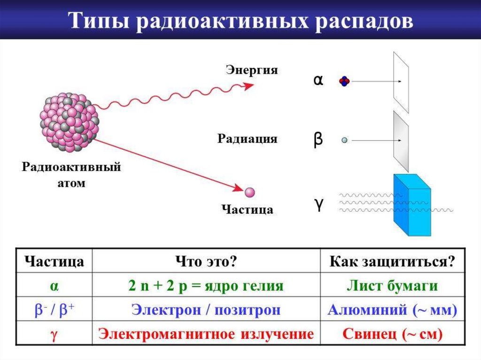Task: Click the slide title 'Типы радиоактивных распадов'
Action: [x=240, y=21]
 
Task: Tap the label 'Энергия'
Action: [x=252, y=70]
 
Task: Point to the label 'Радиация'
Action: [x=247, y=138]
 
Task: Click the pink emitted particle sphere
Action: [x=250, y=192]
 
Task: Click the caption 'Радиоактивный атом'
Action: [x=71, y=175]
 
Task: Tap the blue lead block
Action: [x=412, y=205]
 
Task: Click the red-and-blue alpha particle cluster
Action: [x=344, y=81]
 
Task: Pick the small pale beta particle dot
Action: [x=344, y=140]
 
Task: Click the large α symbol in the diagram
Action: [x=318, y=80]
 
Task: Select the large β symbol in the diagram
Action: [x=318, y=139]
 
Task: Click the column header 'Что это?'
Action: [x=206, y=261]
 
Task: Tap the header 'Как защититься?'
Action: [x=392, y=261]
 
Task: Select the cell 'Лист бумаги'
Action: [x=392, y=286]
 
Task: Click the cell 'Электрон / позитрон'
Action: [x=206, y=310]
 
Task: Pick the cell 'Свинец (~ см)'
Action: [x=392, y=334]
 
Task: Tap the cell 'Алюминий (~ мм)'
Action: [x=392, y=310]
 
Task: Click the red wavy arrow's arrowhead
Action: [x=248, y=86]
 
